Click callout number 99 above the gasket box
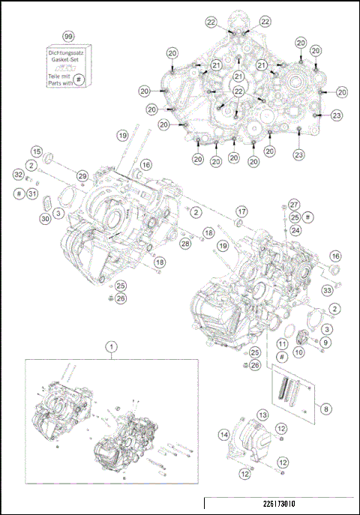point(68,36)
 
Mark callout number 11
point(280,343)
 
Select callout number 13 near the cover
point(263,415)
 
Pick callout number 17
point(241,211)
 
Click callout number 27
point(294,204)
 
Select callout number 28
point(184,244)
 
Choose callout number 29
point(82,175)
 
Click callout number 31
point(31,194)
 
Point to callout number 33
point(327,290)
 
